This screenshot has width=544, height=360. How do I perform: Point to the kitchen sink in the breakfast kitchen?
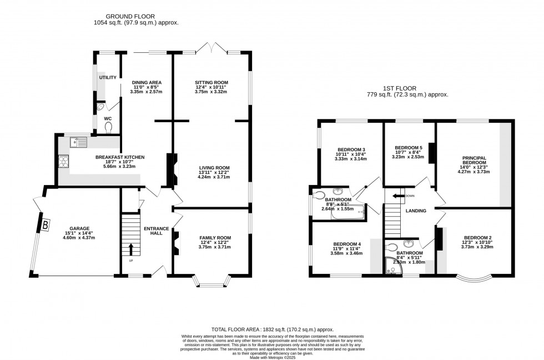[78, 143]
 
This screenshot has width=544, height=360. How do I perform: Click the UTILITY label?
[108, 77]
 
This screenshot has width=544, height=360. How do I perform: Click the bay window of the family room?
[210, 283]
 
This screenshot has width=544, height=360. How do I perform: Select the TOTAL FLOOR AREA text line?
[271, 329]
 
